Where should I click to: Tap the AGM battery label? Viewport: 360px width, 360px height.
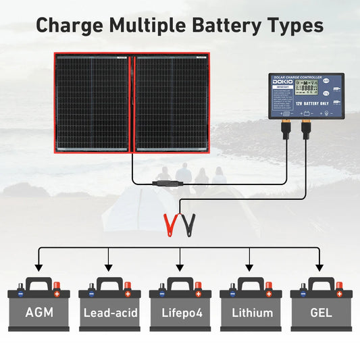tap(38, 313)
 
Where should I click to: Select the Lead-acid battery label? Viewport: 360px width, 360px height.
tap(109, 313)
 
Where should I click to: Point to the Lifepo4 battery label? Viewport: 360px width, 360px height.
tap(180, 313)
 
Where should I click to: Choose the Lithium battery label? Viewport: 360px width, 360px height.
tap(251, 313)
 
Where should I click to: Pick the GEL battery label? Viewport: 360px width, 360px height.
tap(322, 313)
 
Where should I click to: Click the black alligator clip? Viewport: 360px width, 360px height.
tap(189, 222)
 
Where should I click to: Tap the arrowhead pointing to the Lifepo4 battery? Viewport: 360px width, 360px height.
tap(180, 267)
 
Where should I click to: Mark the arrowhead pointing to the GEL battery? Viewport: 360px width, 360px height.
tap(319, 267)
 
